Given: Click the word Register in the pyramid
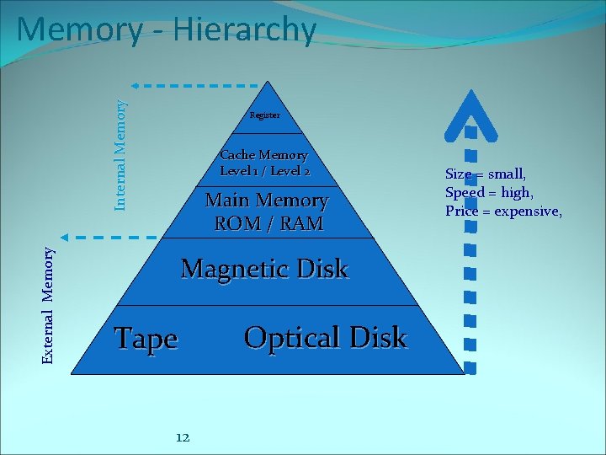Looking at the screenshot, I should pos(264,115).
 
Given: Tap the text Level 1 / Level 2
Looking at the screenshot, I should pos(264,171).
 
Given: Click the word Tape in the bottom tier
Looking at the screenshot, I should pos(146,339).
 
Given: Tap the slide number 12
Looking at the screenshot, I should pos(182,436).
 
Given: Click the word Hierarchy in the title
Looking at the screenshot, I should pos(244,30).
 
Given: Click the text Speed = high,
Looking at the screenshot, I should pos(489,192).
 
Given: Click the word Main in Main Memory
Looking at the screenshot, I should pos(228,201).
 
